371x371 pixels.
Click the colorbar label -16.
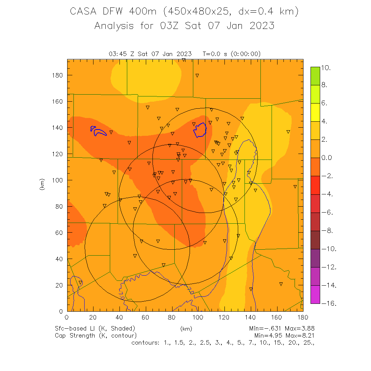[328, 303]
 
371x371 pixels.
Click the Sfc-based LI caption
[95, 328]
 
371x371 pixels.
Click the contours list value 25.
[309, 342]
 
